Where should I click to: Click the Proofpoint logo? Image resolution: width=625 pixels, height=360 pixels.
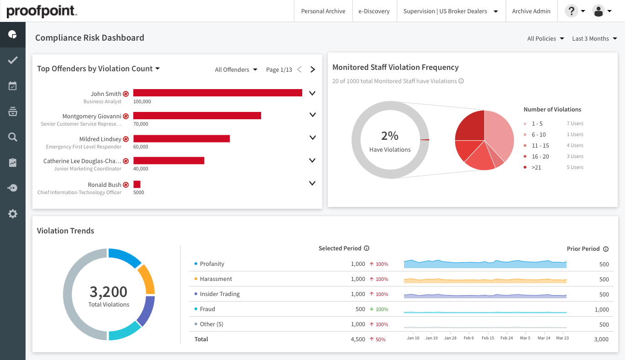point(42,11)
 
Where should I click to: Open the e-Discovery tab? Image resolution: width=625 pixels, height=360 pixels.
point(373,11)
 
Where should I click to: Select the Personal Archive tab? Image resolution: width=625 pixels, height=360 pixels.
point(323,11)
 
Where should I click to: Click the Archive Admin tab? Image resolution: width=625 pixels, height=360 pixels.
point(531,11)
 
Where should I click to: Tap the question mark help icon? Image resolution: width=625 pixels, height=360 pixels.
point(571,11)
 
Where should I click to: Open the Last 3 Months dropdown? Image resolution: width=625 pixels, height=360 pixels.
point(594,38)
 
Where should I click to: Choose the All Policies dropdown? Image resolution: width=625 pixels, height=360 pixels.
point(545,38)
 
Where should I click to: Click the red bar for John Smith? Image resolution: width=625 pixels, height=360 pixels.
point(217,93)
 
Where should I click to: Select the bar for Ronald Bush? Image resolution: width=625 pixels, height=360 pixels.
point(137,184)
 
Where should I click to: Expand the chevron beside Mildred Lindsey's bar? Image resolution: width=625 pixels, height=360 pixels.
point(312,137)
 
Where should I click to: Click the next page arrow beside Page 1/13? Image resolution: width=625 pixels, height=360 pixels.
point(313,69)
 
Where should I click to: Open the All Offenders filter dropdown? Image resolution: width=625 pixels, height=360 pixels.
point(236,69)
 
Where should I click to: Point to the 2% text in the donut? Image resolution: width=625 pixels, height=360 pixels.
point(390,136)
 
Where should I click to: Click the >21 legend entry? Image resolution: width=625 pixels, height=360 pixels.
point(536,167)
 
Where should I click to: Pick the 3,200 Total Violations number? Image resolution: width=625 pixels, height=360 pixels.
point(109,291)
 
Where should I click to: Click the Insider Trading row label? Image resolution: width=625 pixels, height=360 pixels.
point(220,294)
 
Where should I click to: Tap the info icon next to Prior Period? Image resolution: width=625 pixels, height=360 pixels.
point(606,249)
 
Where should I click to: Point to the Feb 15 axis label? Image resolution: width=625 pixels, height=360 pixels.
point(488,338)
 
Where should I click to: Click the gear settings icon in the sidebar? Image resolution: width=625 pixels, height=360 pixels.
point(13,213)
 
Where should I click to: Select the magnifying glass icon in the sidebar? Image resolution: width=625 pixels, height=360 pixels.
point(13,137)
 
